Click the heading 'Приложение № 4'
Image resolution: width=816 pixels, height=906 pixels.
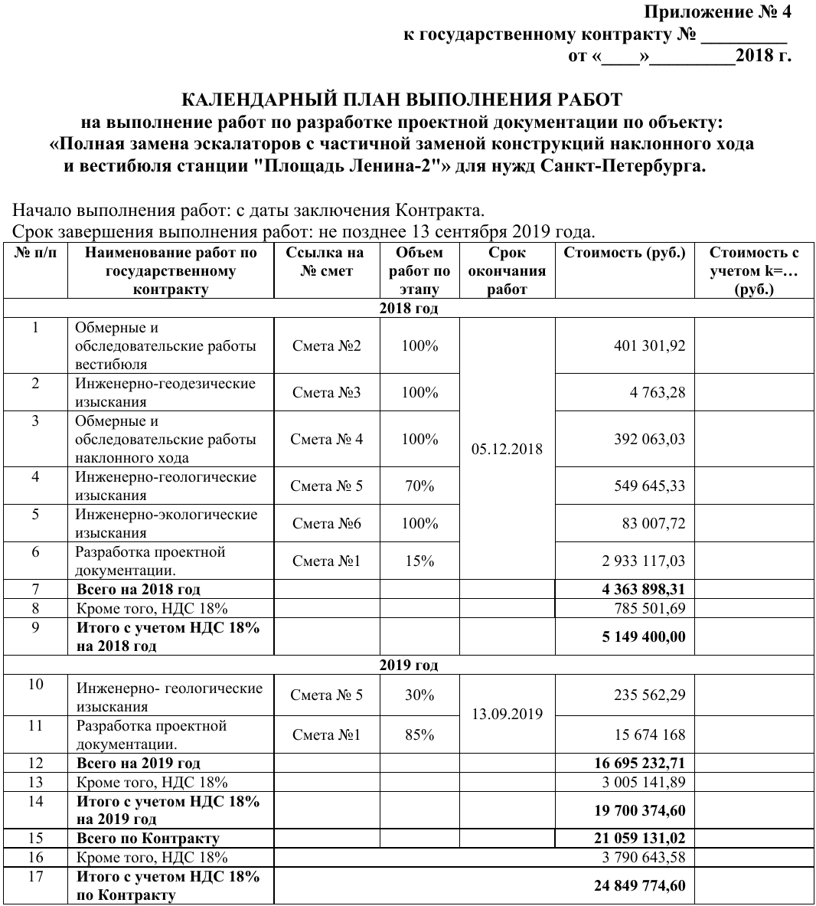[x=717, y=12]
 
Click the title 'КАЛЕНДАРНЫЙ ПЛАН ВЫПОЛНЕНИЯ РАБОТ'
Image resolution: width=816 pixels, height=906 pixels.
[x=402, y=100]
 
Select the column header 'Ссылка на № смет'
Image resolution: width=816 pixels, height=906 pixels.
[x=326, y=262]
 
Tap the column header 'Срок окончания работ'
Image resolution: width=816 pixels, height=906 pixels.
[x=507, y=271]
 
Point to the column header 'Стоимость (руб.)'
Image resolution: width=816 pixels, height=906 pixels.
[x=624, y=253]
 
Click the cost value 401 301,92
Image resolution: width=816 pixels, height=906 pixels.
[x=649, y=346]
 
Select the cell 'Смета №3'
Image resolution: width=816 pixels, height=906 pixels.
[x=326, y=393]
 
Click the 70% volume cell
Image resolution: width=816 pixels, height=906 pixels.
[x=419, y=486]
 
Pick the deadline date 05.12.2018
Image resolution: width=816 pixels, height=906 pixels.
[x=507, y=449]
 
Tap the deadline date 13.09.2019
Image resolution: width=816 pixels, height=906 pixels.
[x=507, y=715]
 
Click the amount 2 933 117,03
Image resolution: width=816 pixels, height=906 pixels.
[x=644, y=561]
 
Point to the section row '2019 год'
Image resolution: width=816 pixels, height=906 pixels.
[x=408, y=665]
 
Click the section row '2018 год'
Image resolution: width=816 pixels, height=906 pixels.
[x=408, y=309]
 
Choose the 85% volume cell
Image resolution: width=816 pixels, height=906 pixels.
[x=419, y=735]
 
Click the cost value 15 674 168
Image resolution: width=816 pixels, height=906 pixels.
[x=650, y=735]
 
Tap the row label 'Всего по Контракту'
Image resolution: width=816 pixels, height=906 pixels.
[x=148, y=839]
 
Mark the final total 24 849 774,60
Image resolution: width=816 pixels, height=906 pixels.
[x=639, y=886]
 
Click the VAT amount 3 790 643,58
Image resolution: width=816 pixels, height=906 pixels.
[x=639, y=858]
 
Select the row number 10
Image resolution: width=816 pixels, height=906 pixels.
[x=35, y=685]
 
